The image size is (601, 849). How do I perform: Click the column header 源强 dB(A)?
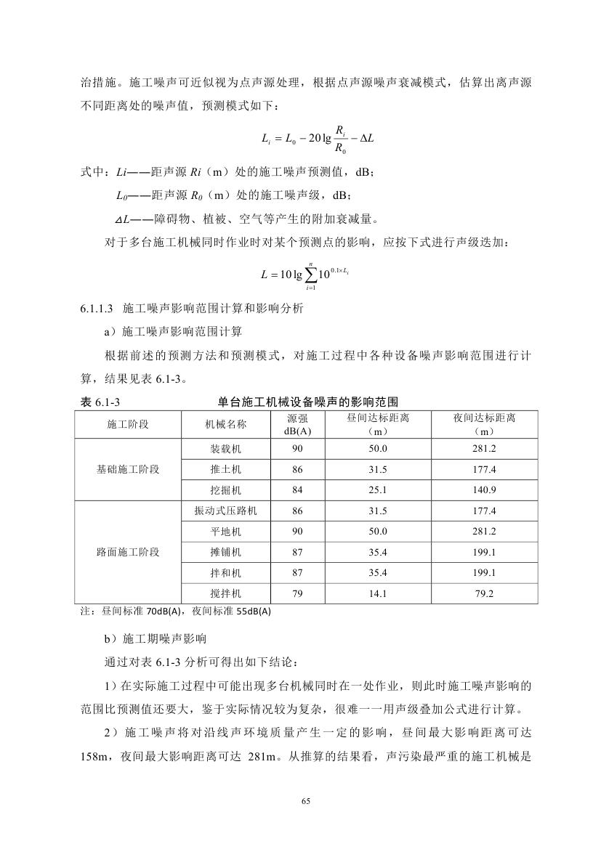tap(297, 425)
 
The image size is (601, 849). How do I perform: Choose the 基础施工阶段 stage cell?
tap(128, 469)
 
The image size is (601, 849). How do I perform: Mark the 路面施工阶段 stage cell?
tap(128, 552)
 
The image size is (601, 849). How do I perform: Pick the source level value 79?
tap(297, 593)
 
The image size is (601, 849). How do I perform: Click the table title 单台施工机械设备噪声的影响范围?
tap(307, 402)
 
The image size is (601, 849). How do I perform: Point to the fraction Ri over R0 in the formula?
tap(339, 139)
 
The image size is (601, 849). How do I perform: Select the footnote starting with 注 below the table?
tap(174, 611)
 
